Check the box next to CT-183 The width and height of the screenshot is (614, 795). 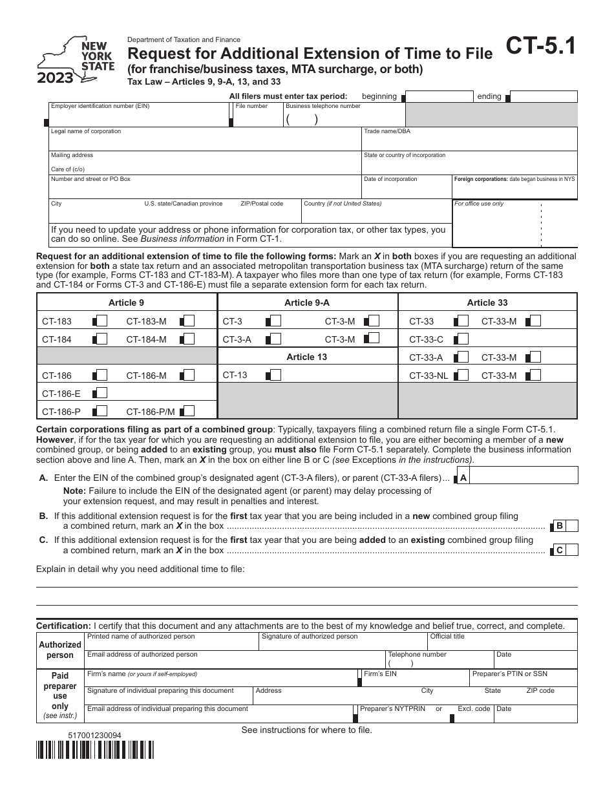100,321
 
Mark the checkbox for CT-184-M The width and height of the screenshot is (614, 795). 188,339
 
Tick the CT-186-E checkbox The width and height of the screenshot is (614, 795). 100,393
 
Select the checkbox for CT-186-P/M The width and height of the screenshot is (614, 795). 188,410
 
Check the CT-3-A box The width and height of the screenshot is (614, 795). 275,339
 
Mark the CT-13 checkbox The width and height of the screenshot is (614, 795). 275,375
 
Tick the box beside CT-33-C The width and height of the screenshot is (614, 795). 461,339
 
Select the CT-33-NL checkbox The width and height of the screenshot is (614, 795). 461,375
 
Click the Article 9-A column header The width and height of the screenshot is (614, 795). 307,302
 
